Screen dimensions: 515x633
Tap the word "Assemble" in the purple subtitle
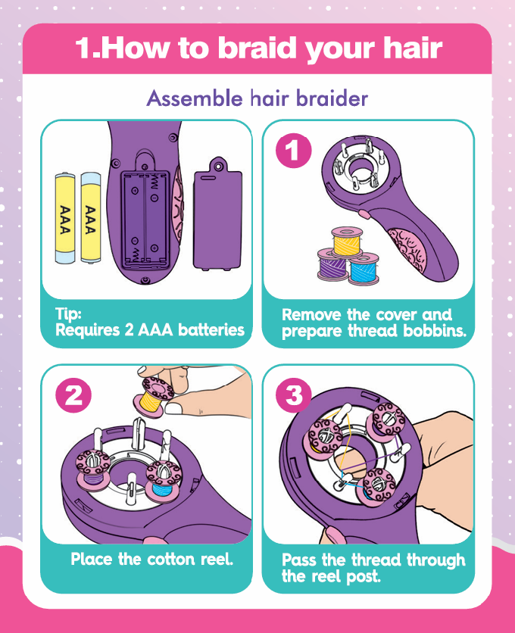coord(195,98)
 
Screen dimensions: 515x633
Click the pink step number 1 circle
coord(294,151)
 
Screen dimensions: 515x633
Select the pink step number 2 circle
coord(73,394)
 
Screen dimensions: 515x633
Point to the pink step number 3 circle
coord(294,394)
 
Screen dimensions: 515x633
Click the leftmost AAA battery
coord(65,218)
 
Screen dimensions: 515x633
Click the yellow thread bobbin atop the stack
coord(347,241)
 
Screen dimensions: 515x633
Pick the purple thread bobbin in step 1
coord(332,264)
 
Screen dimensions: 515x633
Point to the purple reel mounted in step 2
coord(93,468)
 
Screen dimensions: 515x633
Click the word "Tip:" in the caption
coord(68,313)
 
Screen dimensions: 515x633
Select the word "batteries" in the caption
coord(211,330)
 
